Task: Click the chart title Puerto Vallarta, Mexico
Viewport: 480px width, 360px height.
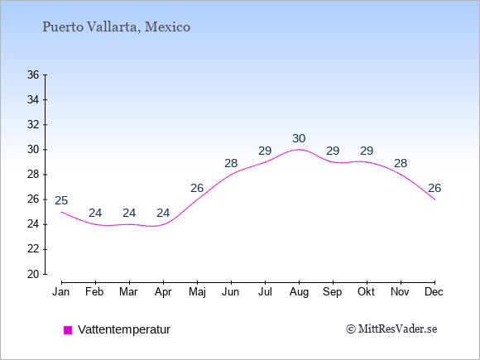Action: tap(117, 27)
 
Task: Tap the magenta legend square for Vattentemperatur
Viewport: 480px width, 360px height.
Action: tap(68, 330)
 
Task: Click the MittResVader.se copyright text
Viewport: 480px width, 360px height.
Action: tap(391, 329)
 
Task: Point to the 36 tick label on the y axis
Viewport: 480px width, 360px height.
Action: tap(33, 74)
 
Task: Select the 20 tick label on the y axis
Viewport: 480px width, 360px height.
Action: tap(33, 274)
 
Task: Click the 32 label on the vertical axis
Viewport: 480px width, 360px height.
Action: tap(33, 125)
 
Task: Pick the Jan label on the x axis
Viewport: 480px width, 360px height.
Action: tap(61, 292)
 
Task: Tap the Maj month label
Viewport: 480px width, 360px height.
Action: tap(197, 292)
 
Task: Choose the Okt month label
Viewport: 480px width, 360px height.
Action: tap(366, 292)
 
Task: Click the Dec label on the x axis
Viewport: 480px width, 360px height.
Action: tap(434, 292)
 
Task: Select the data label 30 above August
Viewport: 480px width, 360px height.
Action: tap(299, 139)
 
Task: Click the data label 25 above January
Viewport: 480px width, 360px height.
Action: tap(61, 201)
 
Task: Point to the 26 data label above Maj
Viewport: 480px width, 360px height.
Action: tap(197, 188)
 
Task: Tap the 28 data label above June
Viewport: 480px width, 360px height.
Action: tap(231, 164)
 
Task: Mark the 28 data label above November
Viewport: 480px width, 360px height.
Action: tap(401, 164)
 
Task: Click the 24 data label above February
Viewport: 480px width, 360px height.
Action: tap(95, 213)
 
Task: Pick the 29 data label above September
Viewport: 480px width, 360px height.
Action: tap(333, 151)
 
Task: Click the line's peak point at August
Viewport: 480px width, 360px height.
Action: tap(299, 150)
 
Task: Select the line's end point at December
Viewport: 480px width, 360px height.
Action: tap(434, 199)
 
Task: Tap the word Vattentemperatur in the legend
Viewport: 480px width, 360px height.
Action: tap(124, 329)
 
